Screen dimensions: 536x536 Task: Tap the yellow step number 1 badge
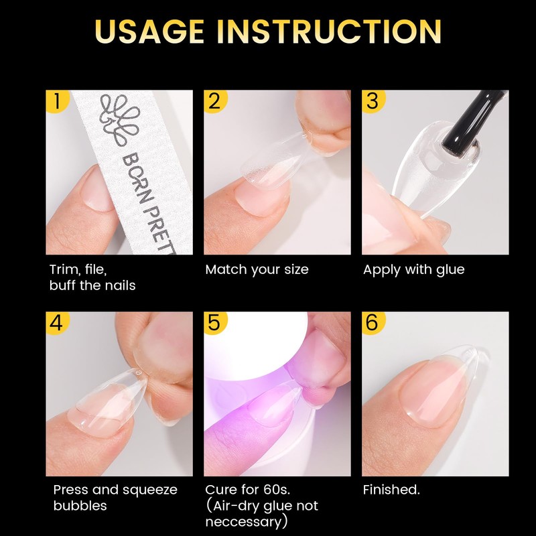point(56,102)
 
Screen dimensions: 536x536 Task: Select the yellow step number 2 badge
point(214,102)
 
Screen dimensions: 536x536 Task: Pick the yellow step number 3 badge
point(372,102)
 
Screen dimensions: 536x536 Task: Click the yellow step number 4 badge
point(56,322)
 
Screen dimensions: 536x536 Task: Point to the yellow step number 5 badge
point(214,322)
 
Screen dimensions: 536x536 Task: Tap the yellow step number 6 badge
point(372,322)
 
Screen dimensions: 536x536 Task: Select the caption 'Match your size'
point(257,270)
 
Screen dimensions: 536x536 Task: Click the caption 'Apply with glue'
point(413,270)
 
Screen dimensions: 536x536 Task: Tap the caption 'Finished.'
point(391,490)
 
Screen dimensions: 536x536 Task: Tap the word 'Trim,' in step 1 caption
point(66,270)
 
